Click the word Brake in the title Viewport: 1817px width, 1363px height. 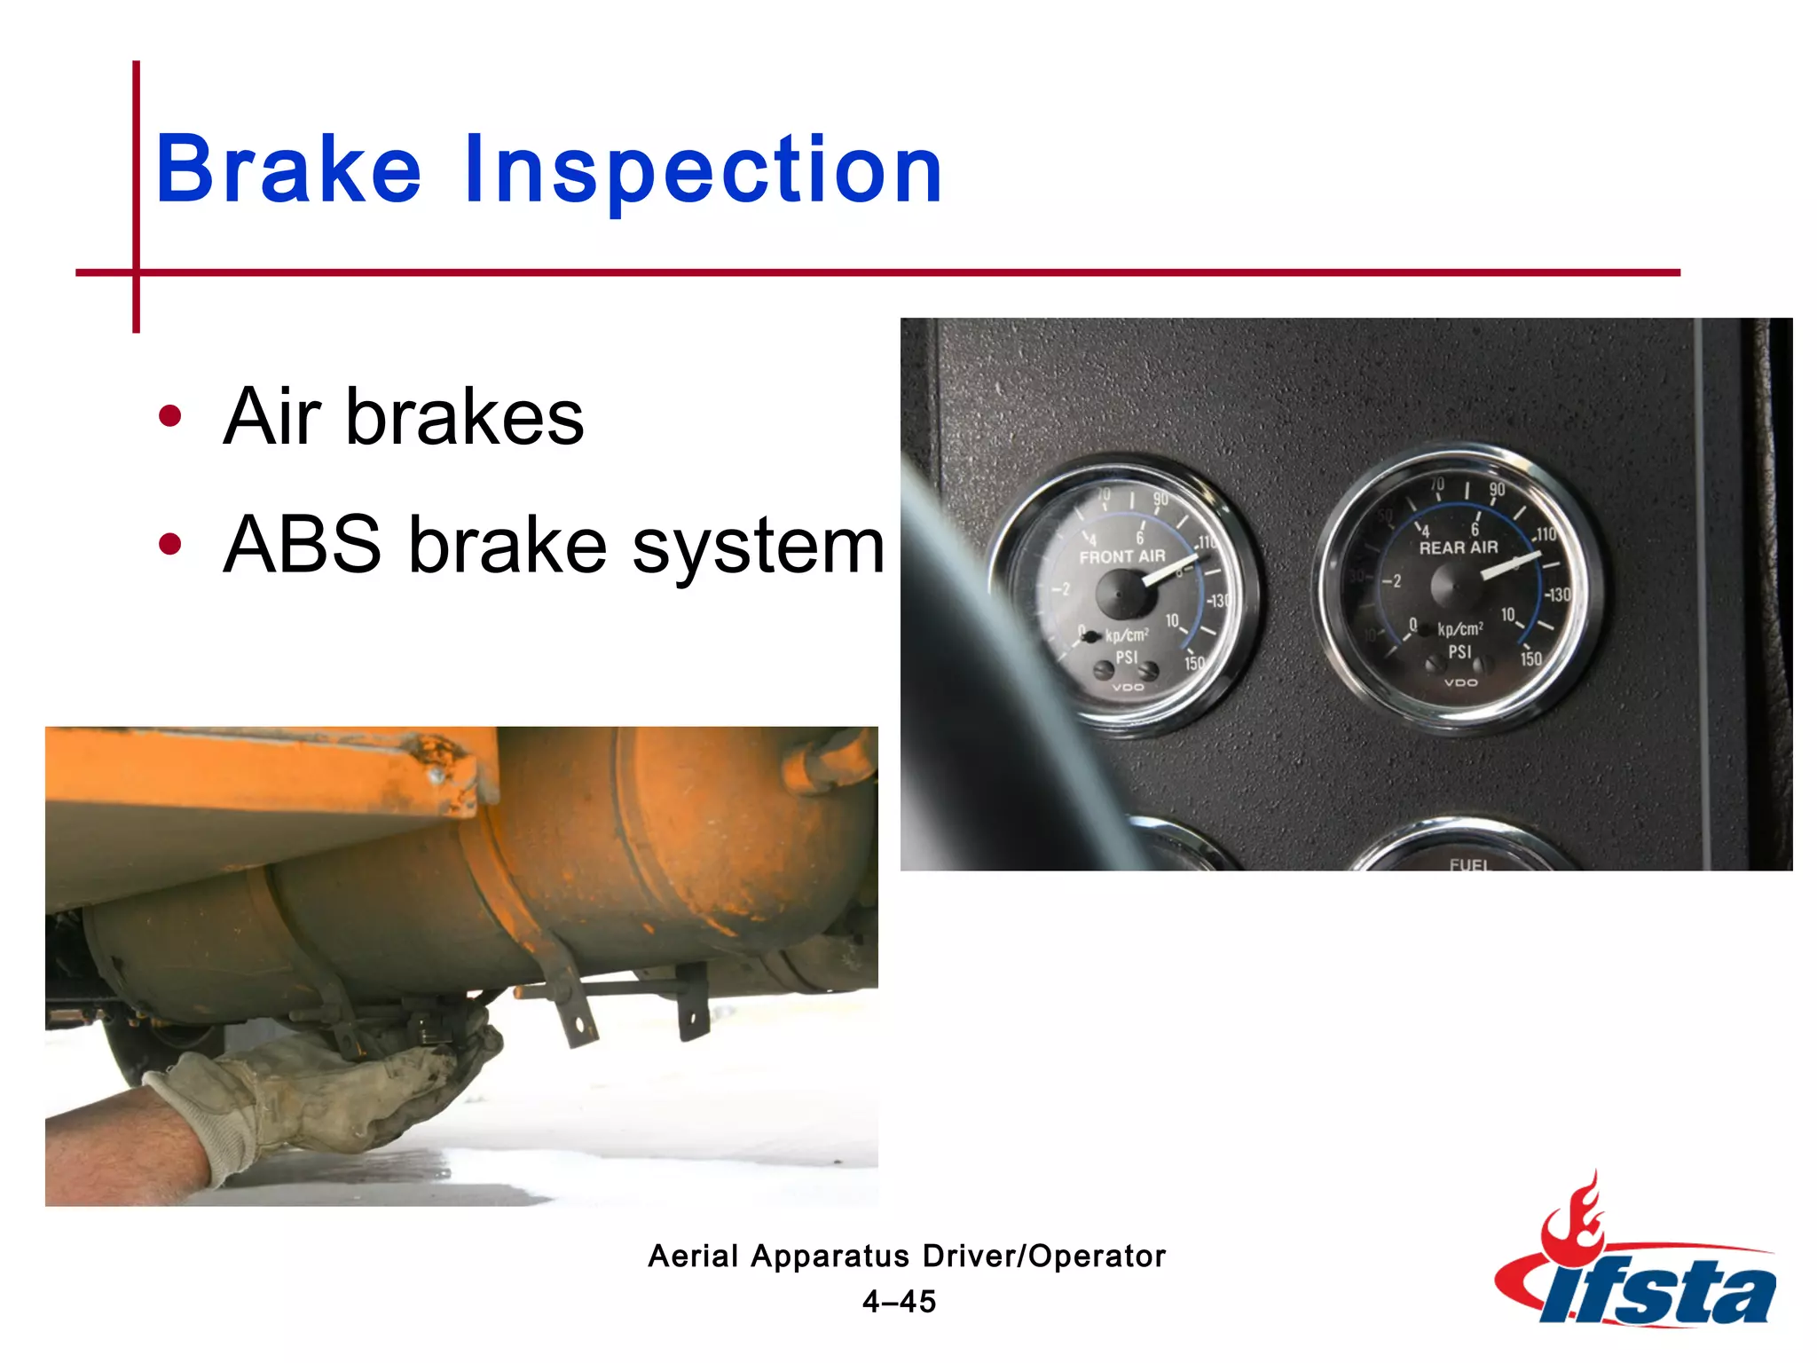(x=288, y=169)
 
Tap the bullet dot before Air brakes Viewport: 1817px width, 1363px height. (x=169, y=415)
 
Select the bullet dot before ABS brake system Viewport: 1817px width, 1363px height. (x=169, y=544)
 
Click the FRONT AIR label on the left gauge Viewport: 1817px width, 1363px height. (x=1121, y=556)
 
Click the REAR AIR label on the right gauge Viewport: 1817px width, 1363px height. (x=1458, y=548)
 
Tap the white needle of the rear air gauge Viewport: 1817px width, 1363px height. (x=1508, y=565)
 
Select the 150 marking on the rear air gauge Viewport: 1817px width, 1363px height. (x=1531, y=658)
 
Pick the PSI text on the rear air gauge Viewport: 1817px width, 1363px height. (x=1459, y=652)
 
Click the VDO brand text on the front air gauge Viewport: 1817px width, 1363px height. (x=1128, y=687)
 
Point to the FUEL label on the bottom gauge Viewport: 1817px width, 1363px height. (x=1469, y=863)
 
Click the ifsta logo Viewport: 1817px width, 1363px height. (x=1637, y=1260)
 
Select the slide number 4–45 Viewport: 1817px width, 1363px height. (x=899, y=1302)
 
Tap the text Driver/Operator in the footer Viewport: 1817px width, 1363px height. (x=1043, y=1256)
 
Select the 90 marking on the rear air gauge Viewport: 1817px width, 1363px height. (x=1497, y=490)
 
